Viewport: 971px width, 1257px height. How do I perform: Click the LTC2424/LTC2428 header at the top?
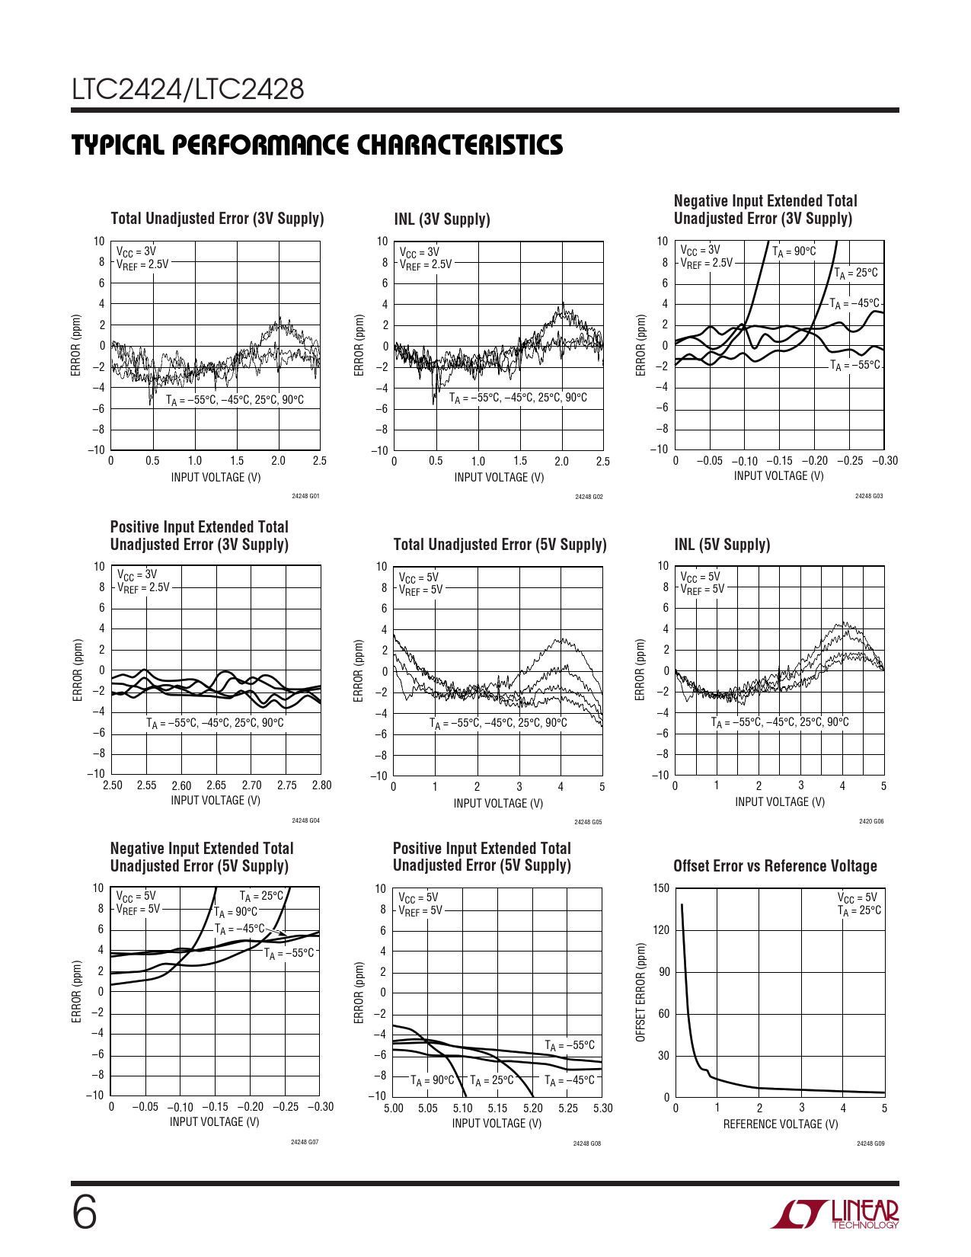[x=188, y=90]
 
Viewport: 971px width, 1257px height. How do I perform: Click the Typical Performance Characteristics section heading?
[x=317, y=145]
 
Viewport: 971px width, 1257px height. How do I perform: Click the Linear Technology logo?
[x=835, y=1214]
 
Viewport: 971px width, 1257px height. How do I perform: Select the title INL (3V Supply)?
[x=442, y=219]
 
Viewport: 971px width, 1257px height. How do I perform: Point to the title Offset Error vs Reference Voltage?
[x=775, y=866]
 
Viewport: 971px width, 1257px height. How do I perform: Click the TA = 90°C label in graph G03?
[x=794, y=251]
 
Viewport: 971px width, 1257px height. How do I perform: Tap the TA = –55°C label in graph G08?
[x=570, y=1045]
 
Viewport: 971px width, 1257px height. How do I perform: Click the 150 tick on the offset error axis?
[x=661, y=888]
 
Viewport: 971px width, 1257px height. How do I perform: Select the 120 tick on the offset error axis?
[x=661, y=930]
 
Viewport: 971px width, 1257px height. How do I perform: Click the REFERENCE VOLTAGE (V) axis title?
[x=780, y=1124]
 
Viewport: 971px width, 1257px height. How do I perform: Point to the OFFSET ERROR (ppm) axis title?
[x=640, y=993]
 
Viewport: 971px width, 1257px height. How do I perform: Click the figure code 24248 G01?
[x=305, y=496]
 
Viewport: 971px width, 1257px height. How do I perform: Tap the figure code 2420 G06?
[x=871, y=821]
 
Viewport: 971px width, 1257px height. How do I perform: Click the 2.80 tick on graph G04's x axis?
[x=321, y=785]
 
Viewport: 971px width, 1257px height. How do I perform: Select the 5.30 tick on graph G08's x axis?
[x=602, y=1108]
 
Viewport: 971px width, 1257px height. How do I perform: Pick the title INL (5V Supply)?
[x=722, y=545]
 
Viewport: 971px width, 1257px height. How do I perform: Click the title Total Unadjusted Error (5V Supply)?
[x=500, y=545]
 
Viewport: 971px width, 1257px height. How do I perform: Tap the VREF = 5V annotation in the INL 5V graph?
[x=702, y=589]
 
